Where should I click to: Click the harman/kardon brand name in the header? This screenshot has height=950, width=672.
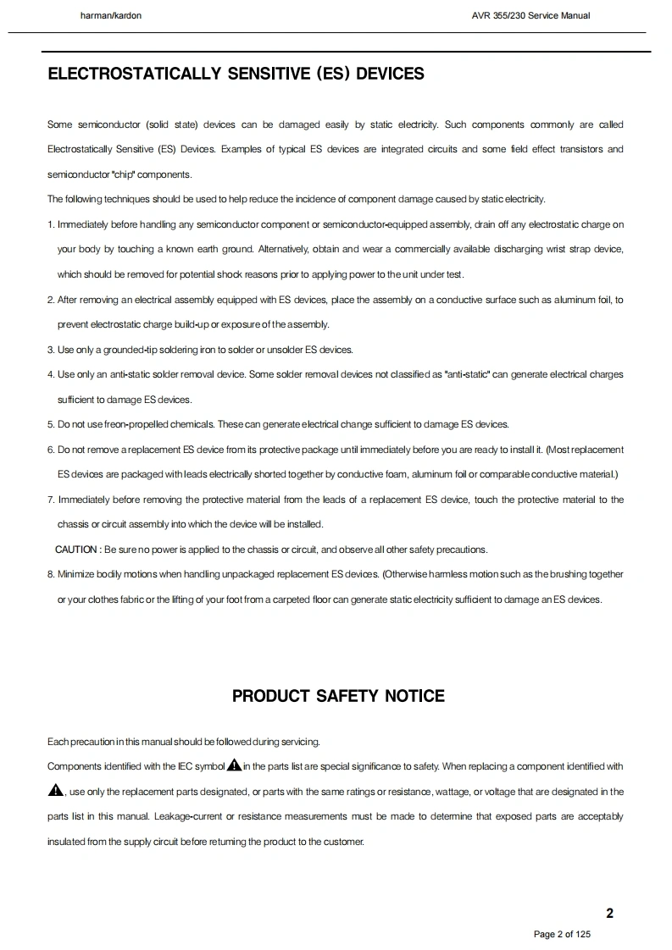tap(111, 15)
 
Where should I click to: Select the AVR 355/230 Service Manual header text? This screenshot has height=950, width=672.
tap(530, 15)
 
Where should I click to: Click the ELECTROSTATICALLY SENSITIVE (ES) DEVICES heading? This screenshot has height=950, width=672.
tap(236, 74)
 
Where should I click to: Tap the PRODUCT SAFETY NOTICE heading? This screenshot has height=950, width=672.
tap(338, 696)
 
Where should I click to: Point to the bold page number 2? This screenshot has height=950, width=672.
tap(609, 913)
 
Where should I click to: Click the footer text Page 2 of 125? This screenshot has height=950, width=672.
tap(562, 934)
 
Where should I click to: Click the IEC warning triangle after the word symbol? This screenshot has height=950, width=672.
tap(234, 765)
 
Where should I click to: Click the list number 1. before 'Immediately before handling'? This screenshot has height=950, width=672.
tap(51, 224)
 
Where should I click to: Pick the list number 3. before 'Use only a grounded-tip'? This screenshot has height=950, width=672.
tap(51, 350)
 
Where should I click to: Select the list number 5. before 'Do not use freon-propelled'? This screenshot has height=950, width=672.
tap(51, 424)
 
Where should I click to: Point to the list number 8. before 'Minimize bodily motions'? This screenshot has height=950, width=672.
tap(51, 574)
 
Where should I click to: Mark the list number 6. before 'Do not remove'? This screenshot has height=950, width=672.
tap(51, 449)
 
